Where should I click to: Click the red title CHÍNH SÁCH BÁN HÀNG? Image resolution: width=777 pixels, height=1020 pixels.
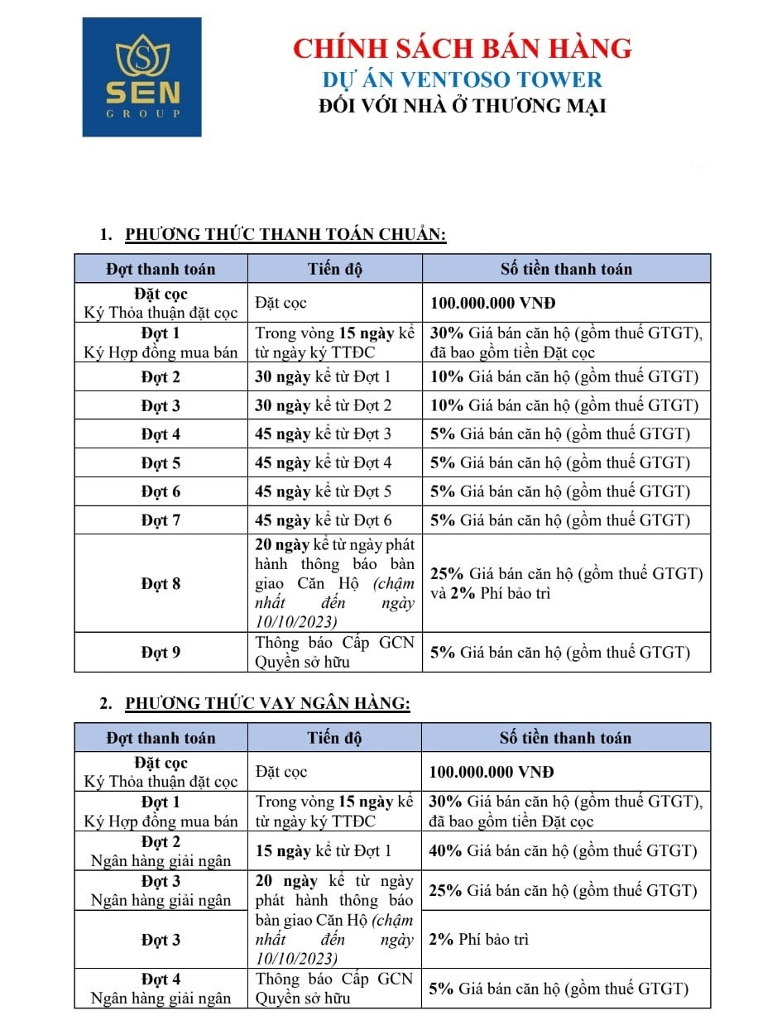point(463,48)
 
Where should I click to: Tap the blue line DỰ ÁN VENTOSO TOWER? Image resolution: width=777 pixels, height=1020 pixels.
point(463,79)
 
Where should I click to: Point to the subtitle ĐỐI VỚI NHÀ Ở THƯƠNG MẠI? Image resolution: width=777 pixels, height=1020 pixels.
point(463,106)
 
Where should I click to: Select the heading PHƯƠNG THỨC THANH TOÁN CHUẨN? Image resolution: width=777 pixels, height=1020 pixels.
point(285,235)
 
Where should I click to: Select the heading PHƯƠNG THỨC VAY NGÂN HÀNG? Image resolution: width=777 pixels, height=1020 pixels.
point(267,704)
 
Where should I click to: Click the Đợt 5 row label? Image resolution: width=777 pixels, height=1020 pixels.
point(161,463)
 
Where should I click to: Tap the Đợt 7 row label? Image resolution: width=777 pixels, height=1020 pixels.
point(161,520)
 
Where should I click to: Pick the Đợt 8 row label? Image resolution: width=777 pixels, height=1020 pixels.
point(161,584)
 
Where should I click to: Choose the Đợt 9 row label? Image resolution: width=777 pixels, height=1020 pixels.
point(161,653)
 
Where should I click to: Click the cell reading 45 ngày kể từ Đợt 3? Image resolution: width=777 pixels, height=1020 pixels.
point(324,434)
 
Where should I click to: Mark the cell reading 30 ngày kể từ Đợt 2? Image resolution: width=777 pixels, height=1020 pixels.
point(324,405)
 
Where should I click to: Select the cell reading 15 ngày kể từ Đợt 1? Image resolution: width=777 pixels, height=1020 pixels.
point(324,850)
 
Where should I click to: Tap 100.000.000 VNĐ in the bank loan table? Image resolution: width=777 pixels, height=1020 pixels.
point(492,772)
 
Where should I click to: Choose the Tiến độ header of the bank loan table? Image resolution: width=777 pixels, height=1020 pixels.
point(334,738)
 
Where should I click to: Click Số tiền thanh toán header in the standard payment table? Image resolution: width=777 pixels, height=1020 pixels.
point(566,269)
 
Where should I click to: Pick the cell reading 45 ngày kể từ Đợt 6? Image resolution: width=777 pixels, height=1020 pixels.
point(324,520)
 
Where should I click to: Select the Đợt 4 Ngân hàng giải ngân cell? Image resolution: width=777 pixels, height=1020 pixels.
point(161,989)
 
